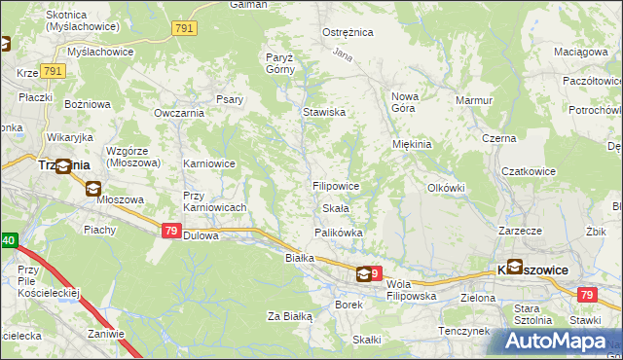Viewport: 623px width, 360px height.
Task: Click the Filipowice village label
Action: coord(337,185)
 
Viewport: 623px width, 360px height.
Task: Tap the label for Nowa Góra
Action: coord(405,102)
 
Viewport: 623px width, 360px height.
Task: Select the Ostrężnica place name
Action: coord(348,32)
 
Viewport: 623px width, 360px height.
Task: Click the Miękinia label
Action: coord(411,144)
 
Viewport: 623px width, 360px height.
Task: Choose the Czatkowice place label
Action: coord(528,171)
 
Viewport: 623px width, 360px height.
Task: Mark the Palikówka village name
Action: coord(339,233)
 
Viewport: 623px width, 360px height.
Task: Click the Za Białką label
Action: coord(289,316)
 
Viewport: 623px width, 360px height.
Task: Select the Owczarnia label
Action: coord(178,113)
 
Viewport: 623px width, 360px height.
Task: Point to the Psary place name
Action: coord(230,98)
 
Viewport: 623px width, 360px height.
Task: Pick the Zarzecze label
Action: coord(520,232)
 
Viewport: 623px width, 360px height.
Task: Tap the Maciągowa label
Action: coord(580,51)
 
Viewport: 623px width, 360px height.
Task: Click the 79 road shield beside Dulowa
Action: coord(170,231)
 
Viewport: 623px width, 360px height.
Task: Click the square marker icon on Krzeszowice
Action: coord(513,267)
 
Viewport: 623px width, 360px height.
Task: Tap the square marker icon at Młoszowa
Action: coord(92,189)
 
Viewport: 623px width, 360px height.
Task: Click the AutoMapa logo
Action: coord(554,342)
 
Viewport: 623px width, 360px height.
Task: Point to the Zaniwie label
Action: coord(105,334)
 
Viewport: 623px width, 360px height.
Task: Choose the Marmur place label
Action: coord(474,99)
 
